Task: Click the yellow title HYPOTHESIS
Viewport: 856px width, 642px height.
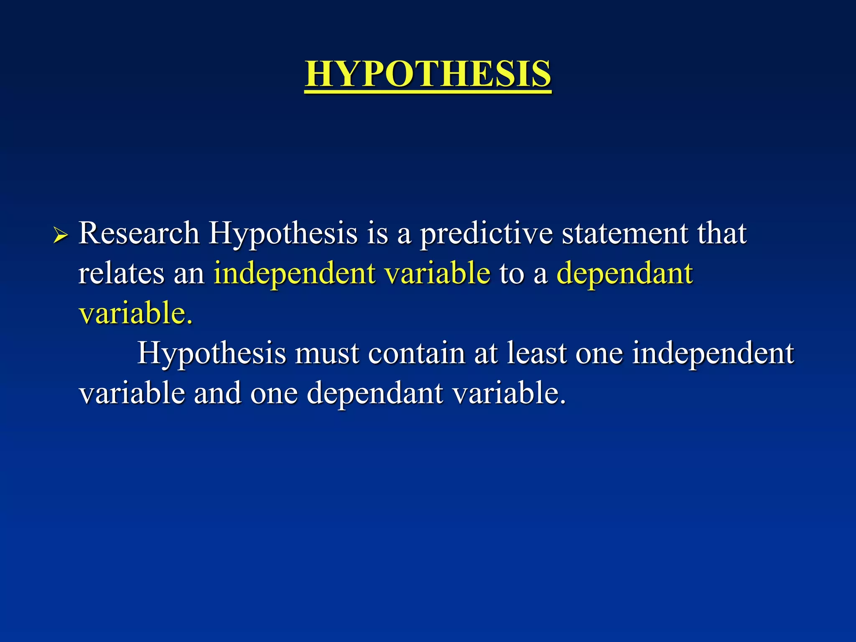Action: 428,74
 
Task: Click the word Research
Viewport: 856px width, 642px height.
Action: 139,233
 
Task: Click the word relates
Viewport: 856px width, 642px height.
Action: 121,273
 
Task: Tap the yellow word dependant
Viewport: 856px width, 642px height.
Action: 625,273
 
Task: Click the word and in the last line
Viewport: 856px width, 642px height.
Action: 217,393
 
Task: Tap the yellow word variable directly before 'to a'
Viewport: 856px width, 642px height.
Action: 437,273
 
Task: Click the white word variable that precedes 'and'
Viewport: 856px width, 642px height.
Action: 132,393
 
